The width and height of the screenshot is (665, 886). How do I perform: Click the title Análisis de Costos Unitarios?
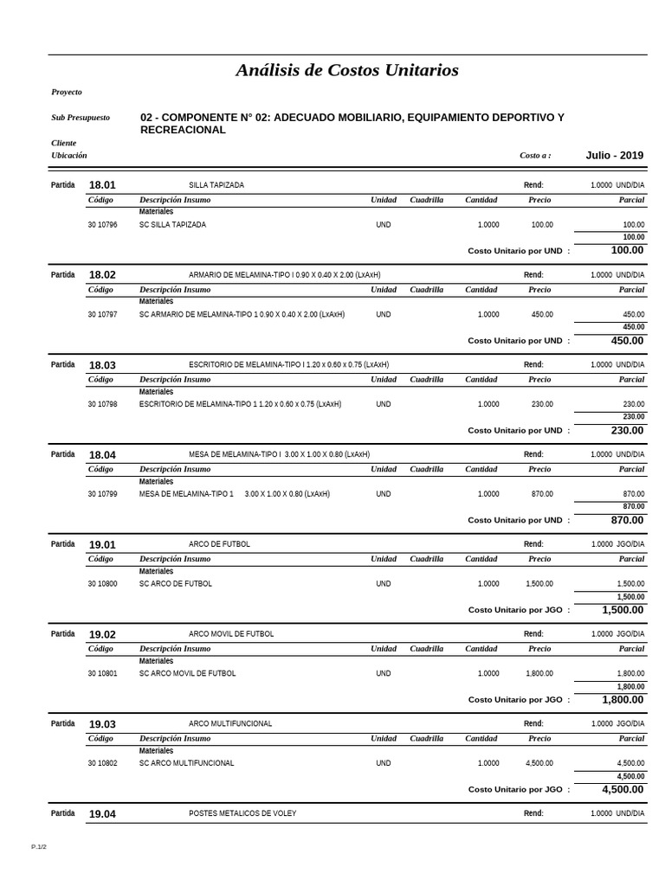pos(347,70)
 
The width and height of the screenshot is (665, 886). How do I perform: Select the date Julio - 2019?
pos(614,156)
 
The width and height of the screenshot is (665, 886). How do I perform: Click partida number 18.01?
pos(102,185)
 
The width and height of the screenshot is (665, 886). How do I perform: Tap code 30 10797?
pos(102,314)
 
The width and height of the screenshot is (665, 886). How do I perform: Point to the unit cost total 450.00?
pos(627,341)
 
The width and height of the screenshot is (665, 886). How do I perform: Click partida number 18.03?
pos(102,365)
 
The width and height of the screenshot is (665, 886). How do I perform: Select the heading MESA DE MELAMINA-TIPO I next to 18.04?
pos(279,454)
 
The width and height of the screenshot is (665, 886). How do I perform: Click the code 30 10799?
pos(102,494)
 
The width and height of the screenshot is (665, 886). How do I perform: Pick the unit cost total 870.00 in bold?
pos(627,520)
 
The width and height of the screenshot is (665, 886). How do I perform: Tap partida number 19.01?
pos(102,544)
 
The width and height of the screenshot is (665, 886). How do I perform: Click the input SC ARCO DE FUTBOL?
pos(176,584)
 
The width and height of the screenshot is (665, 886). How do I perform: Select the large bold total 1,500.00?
pos(623,610)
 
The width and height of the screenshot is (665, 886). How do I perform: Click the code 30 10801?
pos(102,673)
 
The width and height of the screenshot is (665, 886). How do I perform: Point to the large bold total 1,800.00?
pos(623,700)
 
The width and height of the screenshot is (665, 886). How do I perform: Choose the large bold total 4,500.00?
pos(623,789)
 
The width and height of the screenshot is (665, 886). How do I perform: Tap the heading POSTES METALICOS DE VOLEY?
pos(242,813)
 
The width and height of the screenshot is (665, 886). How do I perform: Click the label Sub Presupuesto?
pos(81,118)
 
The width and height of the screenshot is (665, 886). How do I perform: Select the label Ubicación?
pos(69,156)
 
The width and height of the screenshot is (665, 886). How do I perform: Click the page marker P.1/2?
pos(39,846)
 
